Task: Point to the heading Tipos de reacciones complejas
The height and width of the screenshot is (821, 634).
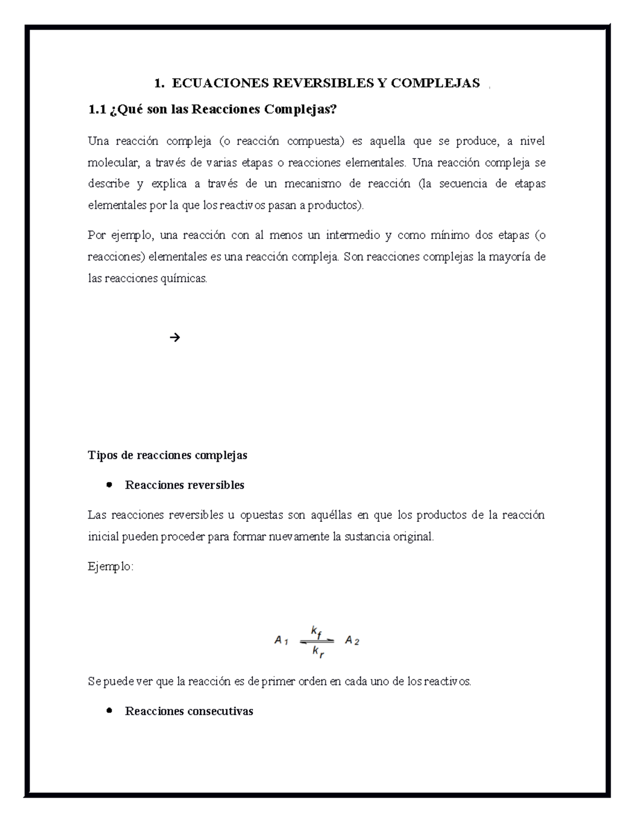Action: [167, 455]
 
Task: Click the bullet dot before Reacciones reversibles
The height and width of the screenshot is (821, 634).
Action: [109, 485]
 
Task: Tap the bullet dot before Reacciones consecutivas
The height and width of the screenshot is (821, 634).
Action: [109, 711]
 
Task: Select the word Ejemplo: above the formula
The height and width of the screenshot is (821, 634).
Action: [110, 567]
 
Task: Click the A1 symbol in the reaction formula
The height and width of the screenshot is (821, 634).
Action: [281, 641]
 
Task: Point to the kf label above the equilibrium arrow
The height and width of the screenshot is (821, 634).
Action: [316, 631]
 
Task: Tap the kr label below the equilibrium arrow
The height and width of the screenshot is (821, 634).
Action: [318, 651]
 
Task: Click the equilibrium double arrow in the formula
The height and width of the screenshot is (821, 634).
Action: [317, 641]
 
